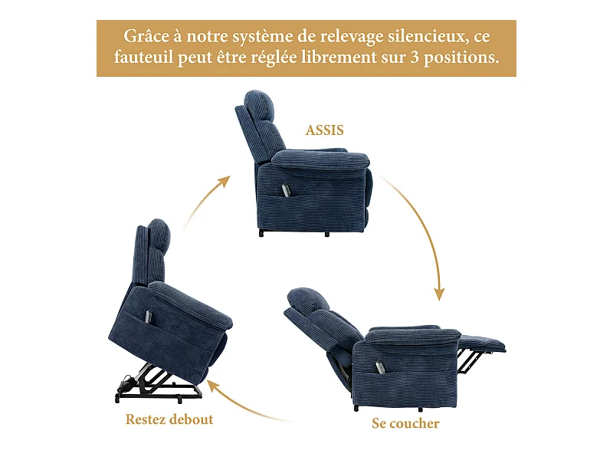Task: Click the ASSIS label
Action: click(x=324, y=130)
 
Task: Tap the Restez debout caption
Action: click(x=169, y=419)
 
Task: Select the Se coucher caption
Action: click(x=405, y=423)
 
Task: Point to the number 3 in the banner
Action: click(x=415, y=58)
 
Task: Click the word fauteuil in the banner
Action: click(x=143, y=58)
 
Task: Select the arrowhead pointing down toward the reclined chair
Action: click(x=439, y=294)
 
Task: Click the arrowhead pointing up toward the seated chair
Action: click(x=224, y=181)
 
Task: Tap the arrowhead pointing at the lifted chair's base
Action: click(x=214, y=386)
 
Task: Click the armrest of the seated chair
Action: click(x=320, y=159)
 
